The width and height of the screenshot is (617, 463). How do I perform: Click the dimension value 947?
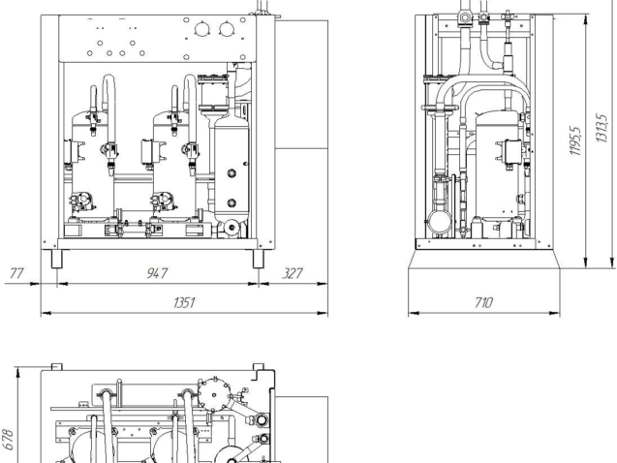pyautogui.click(x=157, y=273)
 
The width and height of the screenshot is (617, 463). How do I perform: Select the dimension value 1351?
pyautogui.click(x=184, y=302)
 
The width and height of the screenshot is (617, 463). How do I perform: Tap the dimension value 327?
pyautogui.click(x=293, y=273)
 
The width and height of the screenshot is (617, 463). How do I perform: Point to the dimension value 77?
pyautogui.click(x=16, y=273)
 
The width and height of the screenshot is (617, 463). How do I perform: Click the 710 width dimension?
pyautogui.click(x=483, y=302)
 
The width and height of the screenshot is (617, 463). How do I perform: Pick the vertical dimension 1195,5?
pyautogui.click(x=575, y=140)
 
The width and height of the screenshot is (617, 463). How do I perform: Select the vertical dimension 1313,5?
pyautogui.click(x=602, y=128)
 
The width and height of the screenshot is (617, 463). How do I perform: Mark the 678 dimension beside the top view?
pyautogui.click(x=9, y=440)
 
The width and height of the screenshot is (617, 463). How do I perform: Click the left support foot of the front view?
pyautogui.click(x=56, y=259)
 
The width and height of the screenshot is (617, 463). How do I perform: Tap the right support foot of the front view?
pyautogui.click(x=258, y=259)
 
